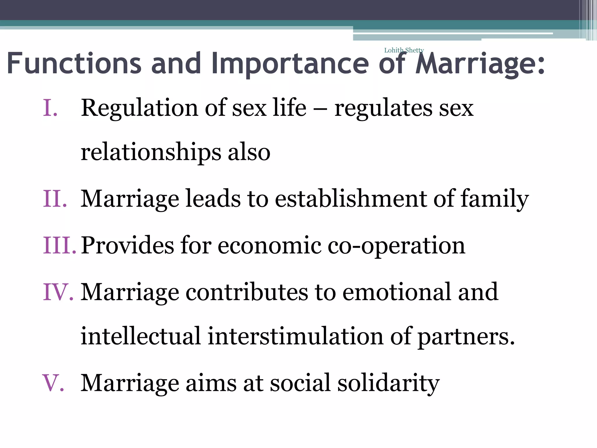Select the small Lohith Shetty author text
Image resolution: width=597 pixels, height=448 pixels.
point(404,50)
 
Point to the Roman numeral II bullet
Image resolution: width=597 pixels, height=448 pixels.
point(55,199)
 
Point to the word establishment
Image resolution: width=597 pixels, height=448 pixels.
point(351,199)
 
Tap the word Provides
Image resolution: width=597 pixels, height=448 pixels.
point(127,245)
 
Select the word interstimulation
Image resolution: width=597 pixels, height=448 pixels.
point(295,336)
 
